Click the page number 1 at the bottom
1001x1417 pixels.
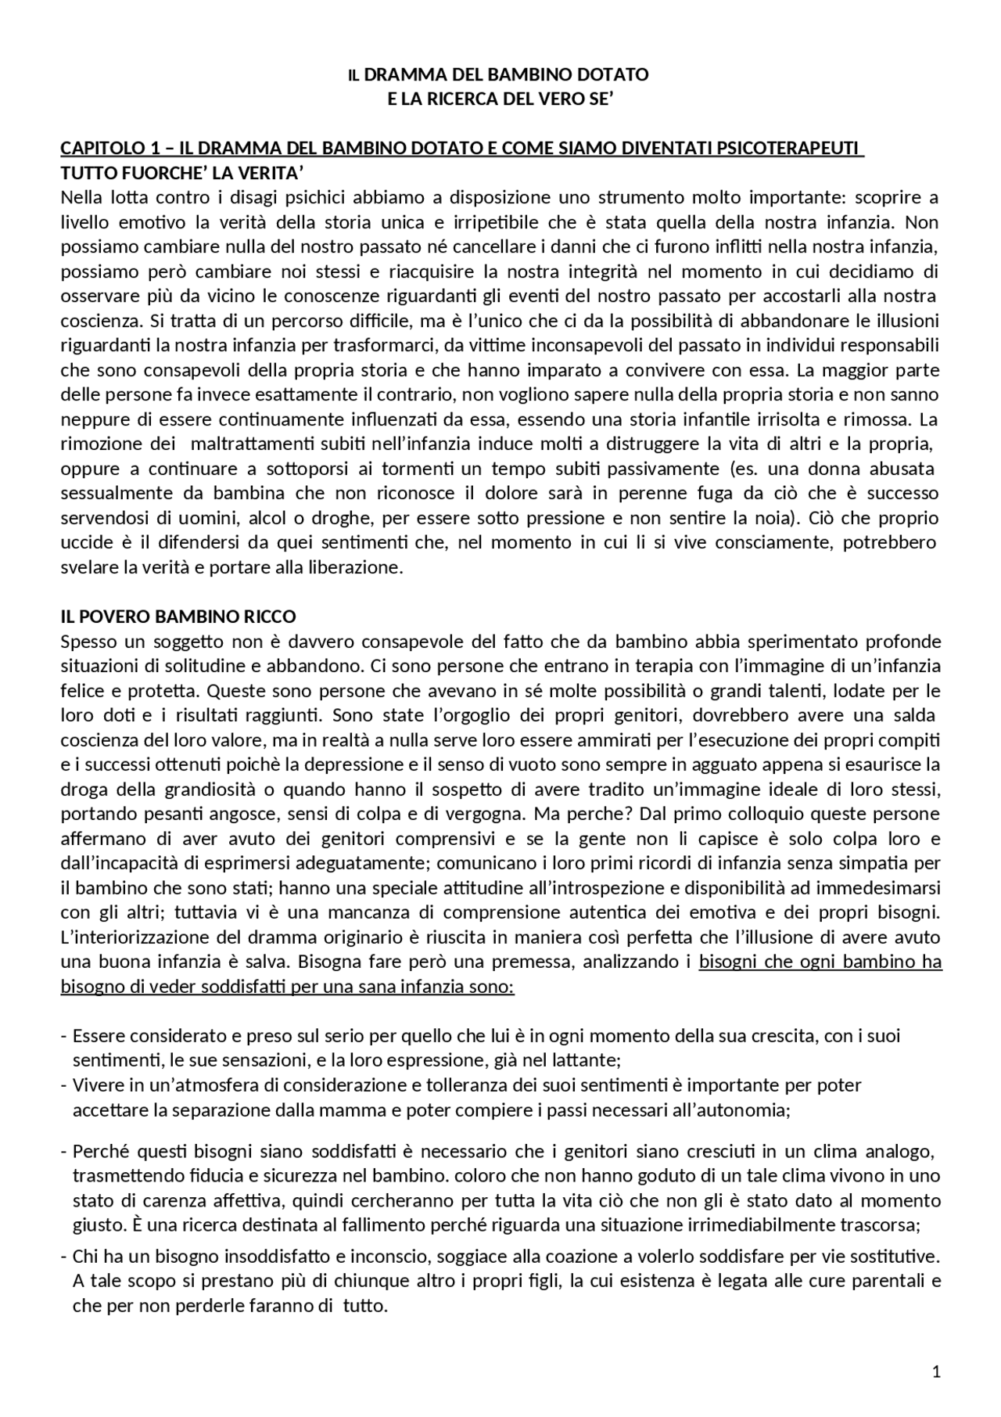click(936, 1372)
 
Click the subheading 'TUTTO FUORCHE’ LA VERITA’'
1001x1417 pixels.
click(182, 173)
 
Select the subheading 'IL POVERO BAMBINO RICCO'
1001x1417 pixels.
click(178, 617)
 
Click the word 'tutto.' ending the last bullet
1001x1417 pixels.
click(366, 1306)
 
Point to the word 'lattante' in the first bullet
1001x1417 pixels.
click(587, 1061)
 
